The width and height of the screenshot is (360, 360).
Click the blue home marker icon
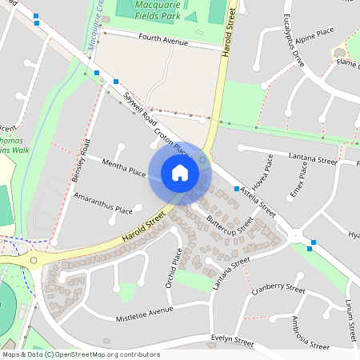[x=180, y=173]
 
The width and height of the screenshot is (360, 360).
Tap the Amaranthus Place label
[x=103, y=202]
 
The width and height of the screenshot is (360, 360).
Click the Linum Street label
[x=350, y=315]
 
